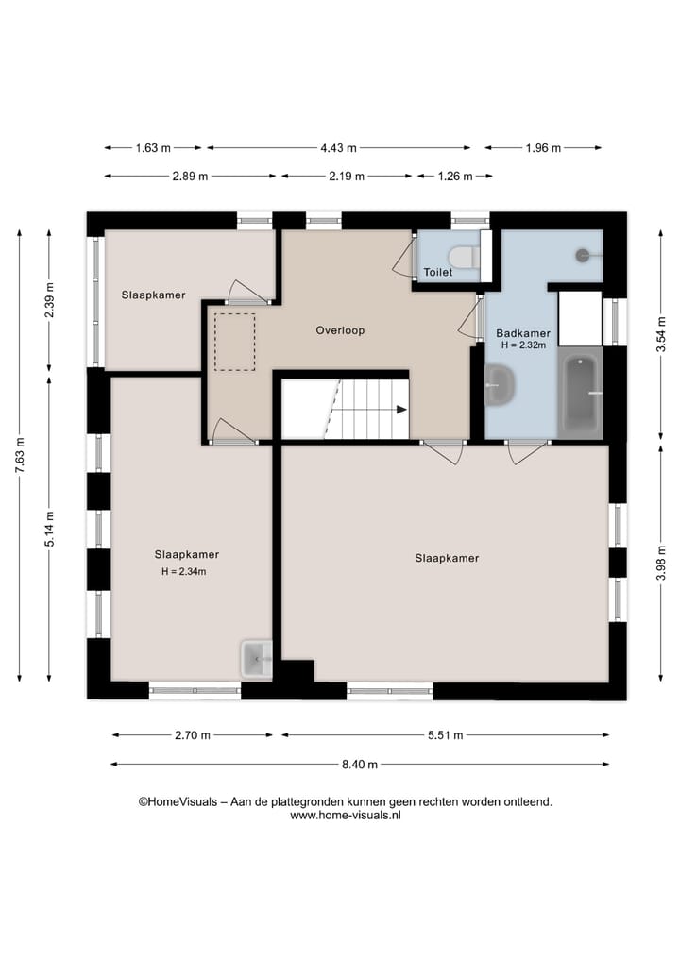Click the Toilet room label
438,273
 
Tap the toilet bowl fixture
464,257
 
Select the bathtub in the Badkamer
581,393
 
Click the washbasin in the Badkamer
500,386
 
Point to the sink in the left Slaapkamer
257,659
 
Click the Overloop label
340,330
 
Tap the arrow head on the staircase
402,410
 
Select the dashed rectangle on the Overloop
234,342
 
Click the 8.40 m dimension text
360,764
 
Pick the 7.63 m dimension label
20,454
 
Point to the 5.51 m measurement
446,735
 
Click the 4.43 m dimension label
338,148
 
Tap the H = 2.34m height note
184,572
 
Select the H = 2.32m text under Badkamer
524,345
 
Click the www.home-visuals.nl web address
346,815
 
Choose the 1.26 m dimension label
455,177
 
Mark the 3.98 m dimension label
661,563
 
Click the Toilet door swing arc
401,257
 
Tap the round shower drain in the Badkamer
583,255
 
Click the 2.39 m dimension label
50,300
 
